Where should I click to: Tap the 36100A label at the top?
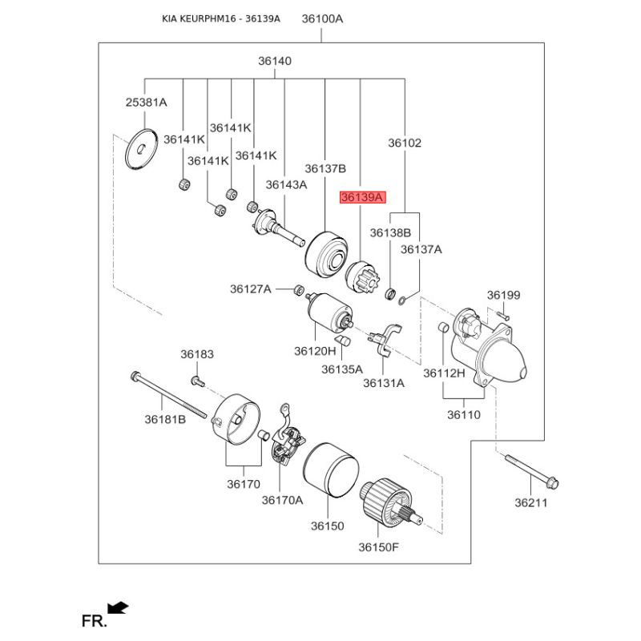coord(323,18)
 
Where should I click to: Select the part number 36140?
coord(275,61)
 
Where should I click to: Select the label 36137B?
coord(325,168)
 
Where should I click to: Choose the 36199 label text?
coord(503,296)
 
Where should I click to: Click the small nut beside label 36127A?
coord(297,288)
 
